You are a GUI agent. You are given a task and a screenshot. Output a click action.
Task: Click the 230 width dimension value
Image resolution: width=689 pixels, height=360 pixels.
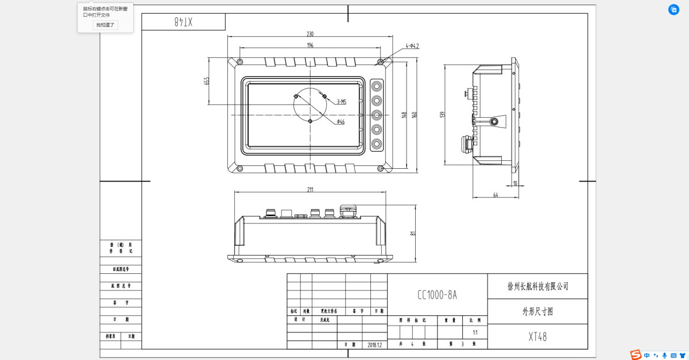click(310, 34)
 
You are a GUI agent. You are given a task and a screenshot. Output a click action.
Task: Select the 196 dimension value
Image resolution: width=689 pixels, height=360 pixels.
click(310, 45)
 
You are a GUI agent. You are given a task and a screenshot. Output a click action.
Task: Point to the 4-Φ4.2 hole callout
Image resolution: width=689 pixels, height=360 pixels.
click(412, 45)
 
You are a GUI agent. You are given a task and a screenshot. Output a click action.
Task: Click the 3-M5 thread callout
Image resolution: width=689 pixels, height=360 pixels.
click(342, 102)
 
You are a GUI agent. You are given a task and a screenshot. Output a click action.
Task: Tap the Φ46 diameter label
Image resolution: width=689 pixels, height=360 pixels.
click(340, 122)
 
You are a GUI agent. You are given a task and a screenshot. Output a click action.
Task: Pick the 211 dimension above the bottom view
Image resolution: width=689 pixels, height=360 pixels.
click(310, 189)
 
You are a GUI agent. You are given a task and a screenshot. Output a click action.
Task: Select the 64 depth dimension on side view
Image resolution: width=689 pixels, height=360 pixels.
click(495, 196)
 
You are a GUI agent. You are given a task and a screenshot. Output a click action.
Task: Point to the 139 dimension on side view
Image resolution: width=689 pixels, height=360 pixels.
click(442, 115)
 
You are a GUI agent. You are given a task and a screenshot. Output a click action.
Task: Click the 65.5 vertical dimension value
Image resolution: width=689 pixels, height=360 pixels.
click(207, 81)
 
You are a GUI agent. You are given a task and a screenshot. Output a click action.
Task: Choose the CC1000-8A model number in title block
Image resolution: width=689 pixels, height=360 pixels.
click(438, 295)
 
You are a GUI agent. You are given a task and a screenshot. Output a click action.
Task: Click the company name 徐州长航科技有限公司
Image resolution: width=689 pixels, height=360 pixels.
click(538, 286)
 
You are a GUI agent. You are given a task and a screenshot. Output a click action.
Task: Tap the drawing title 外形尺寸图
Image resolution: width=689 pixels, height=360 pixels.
click(538, 312)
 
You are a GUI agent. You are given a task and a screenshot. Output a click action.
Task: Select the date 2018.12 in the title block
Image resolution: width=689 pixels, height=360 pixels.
click(374, 344)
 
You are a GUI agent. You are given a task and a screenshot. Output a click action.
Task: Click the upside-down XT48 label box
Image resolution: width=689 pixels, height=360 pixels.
click(183, 22)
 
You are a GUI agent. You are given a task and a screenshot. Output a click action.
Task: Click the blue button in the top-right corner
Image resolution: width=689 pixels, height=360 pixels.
click(673, 10)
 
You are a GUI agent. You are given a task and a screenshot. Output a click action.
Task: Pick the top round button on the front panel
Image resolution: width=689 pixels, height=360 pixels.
click(377, 86)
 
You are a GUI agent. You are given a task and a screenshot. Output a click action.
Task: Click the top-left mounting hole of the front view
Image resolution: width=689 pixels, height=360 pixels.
click(240, 61)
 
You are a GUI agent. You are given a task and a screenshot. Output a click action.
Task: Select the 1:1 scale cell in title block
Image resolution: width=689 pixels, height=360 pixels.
click(475, 332)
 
